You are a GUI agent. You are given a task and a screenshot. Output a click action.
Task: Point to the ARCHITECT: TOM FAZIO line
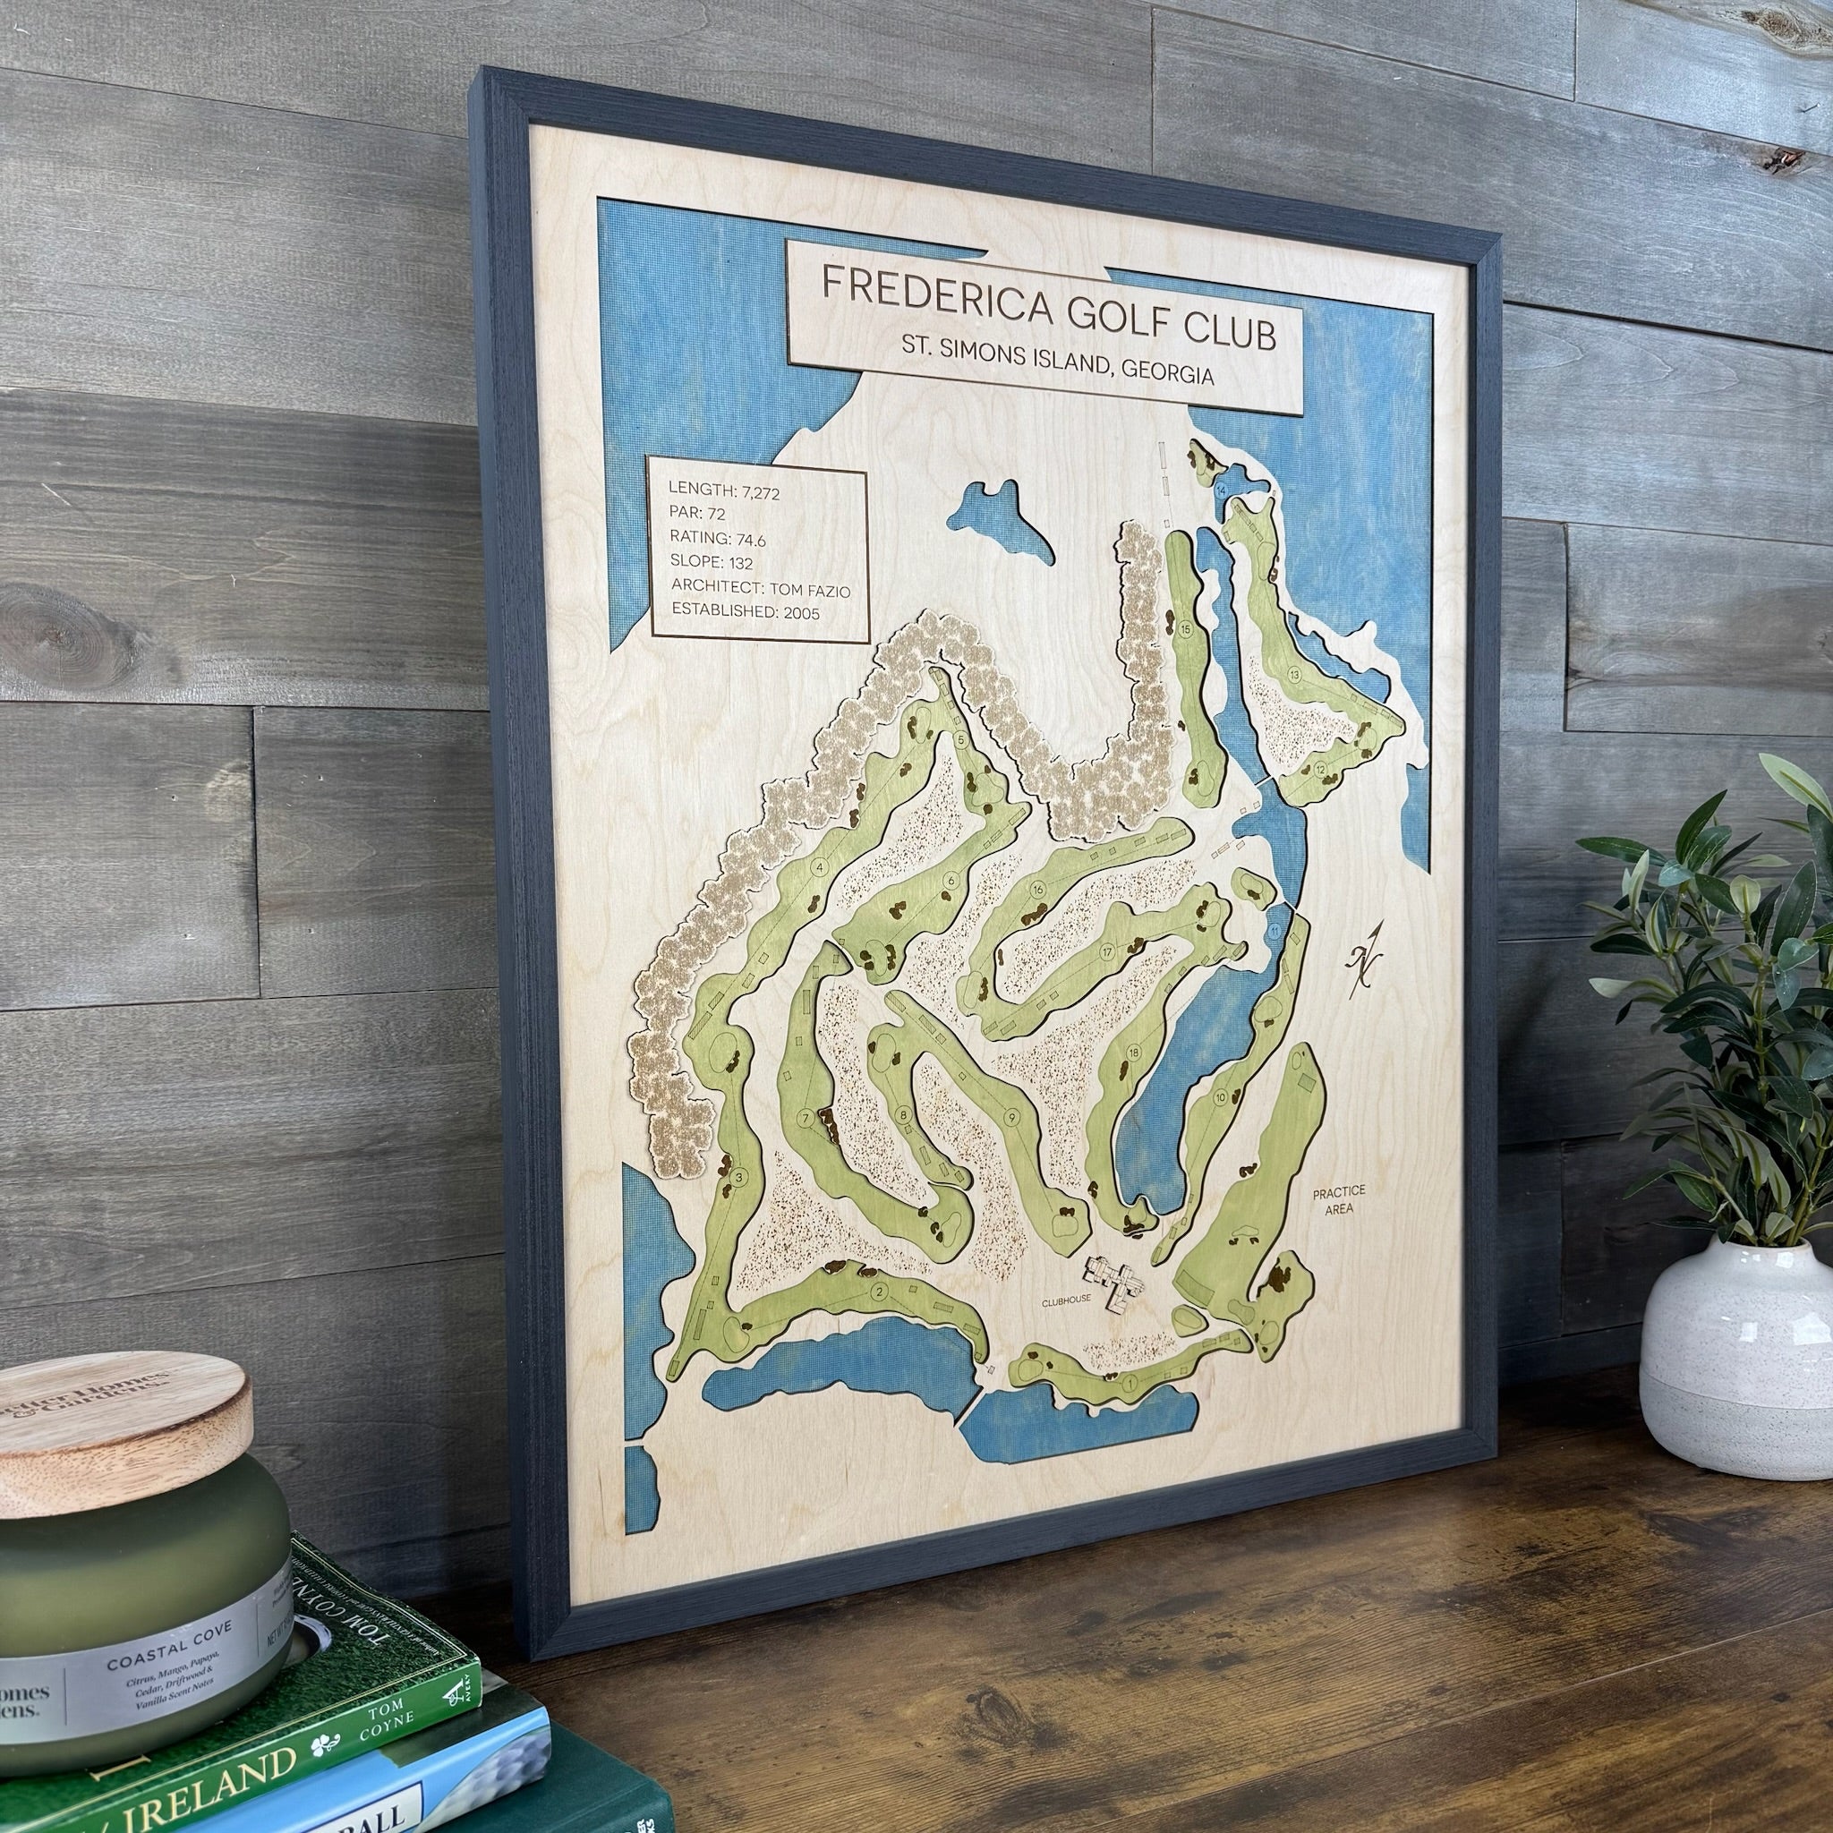pos(759,589)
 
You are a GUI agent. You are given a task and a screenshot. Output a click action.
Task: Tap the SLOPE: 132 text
pos(711,564)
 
